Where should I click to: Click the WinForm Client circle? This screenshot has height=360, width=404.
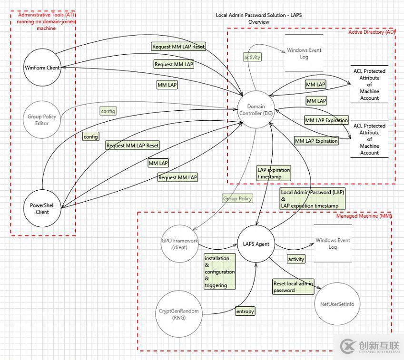coord(42,68)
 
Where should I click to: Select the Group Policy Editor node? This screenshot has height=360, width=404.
coord(42,120)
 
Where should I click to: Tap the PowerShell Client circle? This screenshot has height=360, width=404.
coord(42,209)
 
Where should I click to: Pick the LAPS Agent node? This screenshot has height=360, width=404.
coord(256,244)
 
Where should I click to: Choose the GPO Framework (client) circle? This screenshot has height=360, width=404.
coord(179,244)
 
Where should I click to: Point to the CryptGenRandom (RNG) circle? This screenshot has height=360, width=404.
coord(178,314)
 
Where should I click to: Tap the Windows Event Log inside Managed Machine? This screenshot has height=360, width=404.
coord(333,243)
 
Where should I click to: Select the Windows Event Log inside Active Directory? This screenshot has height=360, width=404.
coord(304,53)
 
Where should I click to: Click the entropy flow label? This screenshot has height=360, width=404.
coord(245,311)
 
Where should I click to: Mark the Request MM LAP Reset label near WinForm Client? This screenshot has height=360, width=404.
coord(178,47)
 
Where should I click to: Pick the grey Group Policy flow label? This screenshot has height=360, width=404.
coord(237,199)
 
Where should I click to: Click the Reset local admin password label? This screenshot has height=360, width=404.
coord(293,287)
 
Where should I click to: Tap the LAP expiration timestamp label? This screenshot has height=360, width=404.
coord(273,173)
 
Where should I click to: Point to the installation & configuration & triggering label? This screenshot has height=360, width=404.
coord(219,272)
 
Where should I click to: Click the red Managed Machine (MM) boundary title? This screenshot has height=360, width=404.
coord(364,216)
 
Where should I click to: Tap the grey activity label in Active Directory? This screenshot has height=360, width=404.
coord(252,57)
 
